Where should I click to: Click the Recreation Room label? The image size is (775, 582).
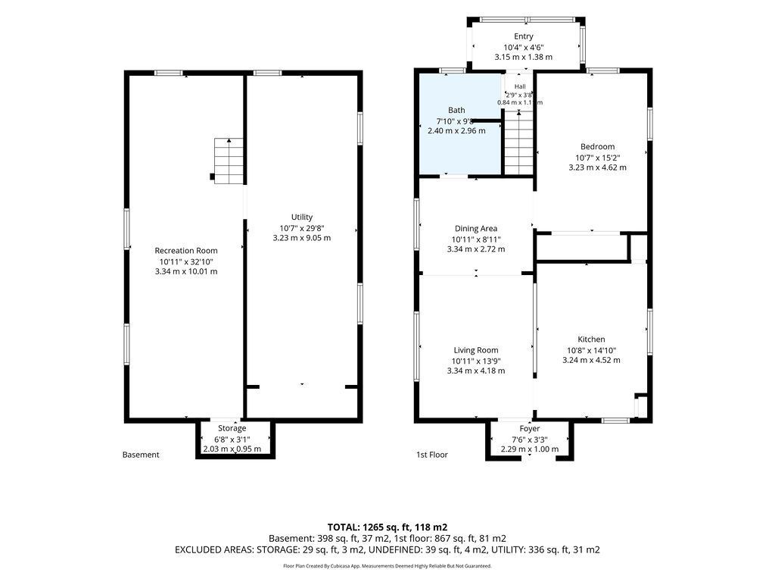pyautogui.click(x=186, y=251)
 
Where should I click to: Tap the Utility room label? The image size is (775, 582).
pyautogui.click(x=301, y=217)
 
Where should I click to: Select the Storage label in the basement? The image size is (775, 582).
pyautogui.click(x=232, y=428)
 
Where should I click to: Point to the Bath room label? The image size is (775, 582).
pyautogui.click(x=456, y=110)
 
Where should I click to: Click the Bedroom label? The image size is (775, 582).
pyautogui.click(x=598, y=146)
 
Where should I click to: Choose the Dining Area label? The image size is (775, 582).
pyautogui.click(x=476, y=229)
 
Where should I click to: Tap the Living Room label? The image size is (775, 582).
pyautogui.click(x=476, y=350)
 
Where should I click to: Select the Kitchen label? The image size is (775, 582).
pyautogui.click(x=591, y=339)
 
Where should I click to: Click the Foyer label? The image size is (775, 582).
pyautogui.click(x=529, y=429)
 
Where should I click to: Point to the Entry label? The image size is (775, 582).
pyautogui.click(x=524, y=36)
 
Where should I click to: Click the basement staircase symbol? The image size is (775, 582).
pyautogui.click(x=229, y=161)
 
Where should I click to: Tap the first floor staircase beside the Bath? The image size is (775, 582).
pyautogui.click(x=518, y=142)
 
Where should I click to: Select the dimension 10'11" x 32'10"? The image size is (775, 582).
pyautogui.click(x=186, y=261)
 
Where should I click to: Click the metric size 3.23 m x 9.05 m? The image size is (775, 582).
pyautogui.click(x=301, y=238)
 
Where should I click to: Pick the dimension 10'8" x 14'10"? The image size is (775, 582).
pyautogui.click(x=591, y=350)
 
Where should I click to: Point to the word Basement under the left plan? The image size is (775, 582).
pyautogui.click(x=141, y=455)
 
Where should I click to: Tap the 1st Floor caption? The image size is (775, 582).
pyautogui.click(x=432, y=455)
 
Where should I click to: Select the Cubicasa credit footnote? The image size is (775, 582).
pyautogui.click(x=387, y=566)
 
